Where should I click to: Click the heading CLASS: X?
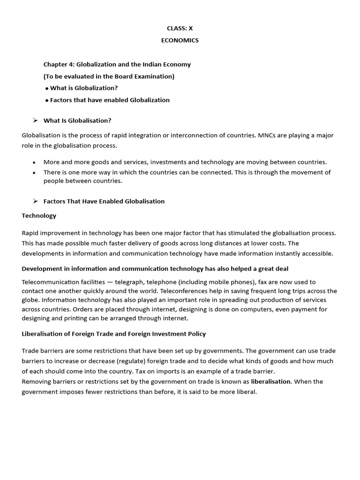[x=180, y=28]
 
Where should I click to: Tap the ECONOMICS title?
[x=180, y=40]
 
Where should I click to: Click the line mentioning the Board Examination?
[x=109, y=76]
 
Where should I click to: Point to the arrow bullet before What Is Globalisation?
[x=35, y=120]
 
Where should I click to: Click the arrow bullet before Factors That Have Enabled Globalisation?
[x=35, y=201]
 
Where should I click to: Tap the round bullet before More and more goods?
[x=34, y=162]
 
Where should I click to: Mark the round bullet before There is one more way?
[x=34, y=172]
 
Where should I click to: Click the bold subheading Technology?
[x=39, y=216]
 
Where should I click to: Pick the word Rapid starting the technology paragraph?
[x=31, y=233]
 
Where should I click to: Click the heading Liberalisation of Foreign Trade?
[x=114, y=334]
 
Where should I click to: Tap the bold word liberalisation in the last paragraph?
[x=271, y=382]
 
